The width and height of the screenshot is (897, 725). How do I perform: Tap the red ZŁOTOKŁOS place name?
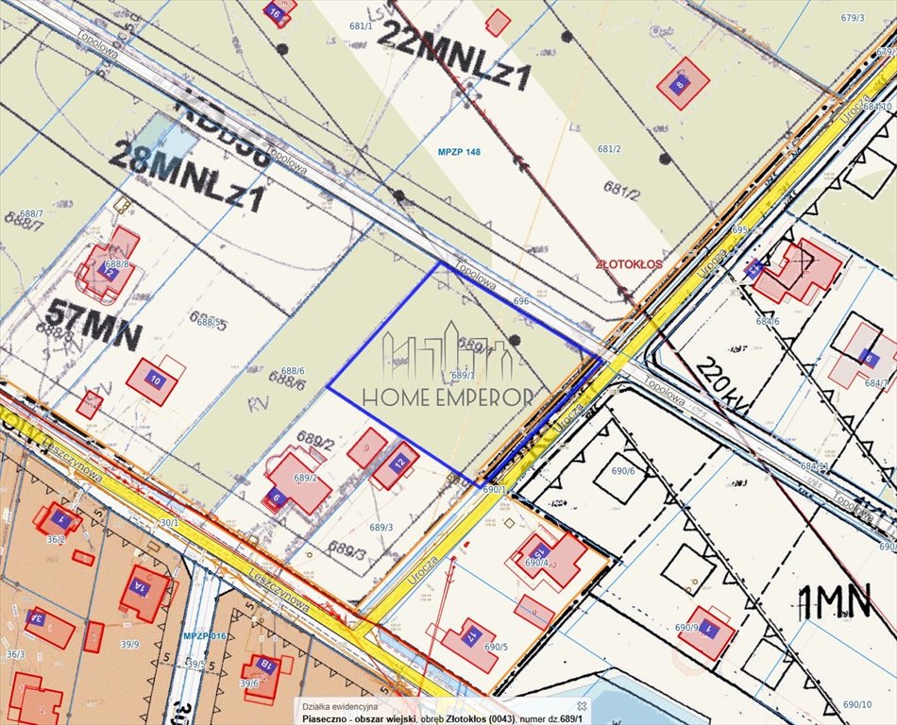click(x=629, y=264)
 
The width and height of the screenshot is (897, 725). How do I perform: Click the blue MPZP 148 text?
click(x=459, y=152)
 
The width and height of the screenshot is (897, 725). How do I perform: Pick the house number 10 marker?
click(x=153, y=380)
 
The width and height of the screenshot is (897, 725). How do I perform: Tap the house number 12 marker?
click(x=399, y=463)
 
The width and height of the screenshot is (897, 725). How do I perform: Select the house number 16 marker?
click(x=275, y=13)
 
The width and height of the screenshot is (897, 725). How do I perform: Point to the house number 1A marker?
click(x=140, y=586)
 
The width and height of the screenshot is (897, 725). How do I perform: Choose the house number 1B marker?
click(x=266, y=666)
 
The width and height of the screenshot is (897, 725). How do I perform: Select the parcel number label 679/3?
click(x=853, y=18)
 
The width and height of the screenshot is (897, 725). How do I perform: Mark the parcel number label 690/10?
click(x=857, y=704)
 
